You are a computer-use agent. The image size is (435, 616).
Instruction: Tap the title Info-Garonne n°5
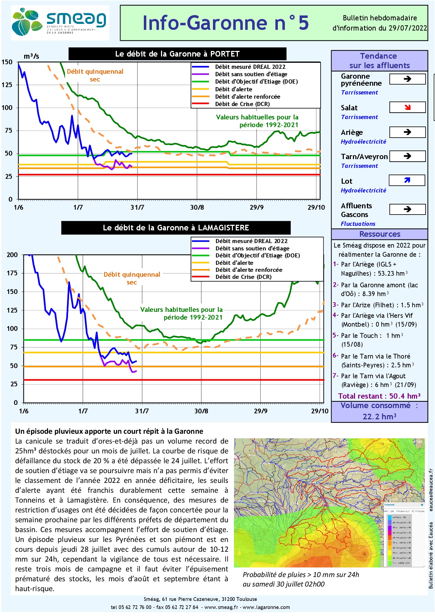click(x=226, y=23)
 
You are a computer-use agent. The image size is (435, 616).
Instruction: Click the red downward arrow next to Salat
click(x=407, y=107)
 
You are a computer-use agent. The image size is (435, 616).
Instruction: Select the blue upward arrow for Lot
click(x=407, y=181)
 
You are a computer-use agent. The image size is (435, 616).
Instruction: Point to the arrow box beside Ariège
click(x=407, y=132)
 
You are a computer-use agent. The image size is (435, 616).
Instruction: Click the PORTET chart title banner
click(x=177, y=54)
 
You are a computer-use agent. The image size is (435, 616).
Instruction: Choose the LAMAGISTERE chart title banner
click(x=176, y=228)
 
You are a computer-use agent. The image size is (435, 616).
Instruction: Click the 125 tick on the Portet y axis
click(x=7, y=85)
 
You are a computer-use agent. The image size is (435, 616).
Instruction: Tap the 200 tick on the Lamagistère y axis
click(x=12, y=255)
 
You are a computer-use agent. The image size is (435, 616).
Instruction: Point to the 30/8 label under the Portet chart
click(x=197, y=207)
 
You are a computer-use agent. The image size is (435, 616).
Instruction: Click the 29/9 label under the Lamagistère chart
click(x=260, y=411)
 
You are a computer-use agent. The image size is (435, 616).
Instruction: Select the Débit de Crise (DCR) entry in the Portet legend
click(x=242, y=104)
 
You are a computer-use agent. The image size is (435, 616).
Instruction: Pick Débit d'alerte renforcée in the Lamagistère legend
click(x=249, y=270)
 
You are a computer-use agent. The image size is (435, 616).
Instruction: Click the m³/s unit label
click(x=31, y=56)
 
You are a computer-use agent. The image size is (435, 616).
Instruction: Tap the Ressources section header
click(x=380, y=234)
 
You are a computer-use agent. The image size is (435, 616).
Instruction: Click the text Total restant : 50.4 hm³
click(x=379, y=396)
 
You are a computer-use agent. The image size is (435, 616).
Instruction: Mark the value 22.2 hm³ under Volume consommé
click(x=379, y=417)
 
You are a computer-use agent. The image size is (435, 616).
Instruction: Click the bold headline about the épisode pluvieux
click(x=109, y=431)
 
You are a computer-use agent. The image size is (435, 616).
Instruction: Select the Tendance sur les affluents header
click(x=379, y=61)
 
